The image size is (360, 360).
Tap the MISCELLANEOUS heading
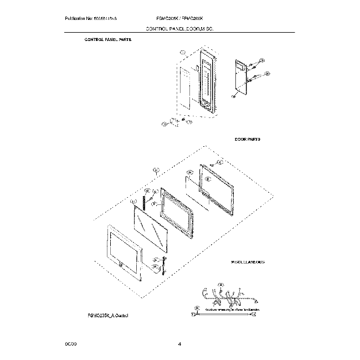[x=248, y=261]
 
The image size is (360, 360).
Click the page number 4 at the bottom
[x=180, y=344]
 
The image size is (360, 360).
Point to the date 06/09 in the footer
[x=70, y=344]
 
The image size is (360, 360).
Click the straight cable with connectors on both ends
[x=224, y=314]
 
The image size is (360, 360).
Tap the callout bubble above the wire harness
[x=220, y=285]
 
